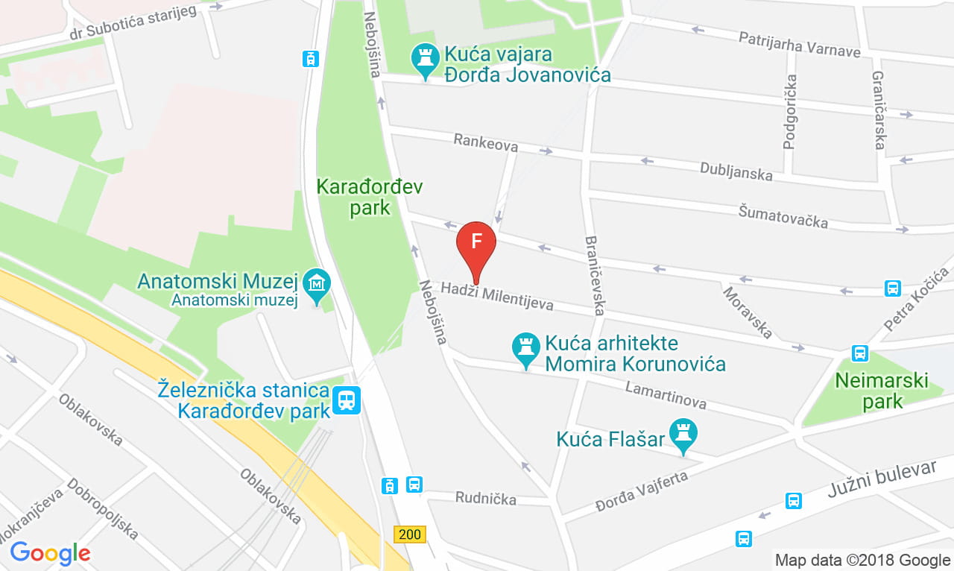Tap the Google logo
coord(50,553)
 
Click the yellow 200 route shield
coord(409,534)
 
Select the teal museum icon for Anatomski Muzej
coord(318,284)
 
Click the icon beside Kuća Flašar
coord(683,435)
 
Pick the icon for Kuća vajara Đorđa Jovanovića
coord(426,59)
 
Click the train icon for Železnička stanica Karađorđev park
coord(347,400)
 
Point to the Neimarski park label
coord(882,391)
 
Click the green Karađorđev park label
coord(354,196)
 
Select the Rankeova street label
coord(485,142)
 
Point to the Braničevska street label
coord(595,275)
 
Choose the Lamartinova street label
coord(666,395)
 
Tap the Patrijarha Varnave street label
coord(799,44)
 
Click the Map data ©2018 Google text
coord(862,560)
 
